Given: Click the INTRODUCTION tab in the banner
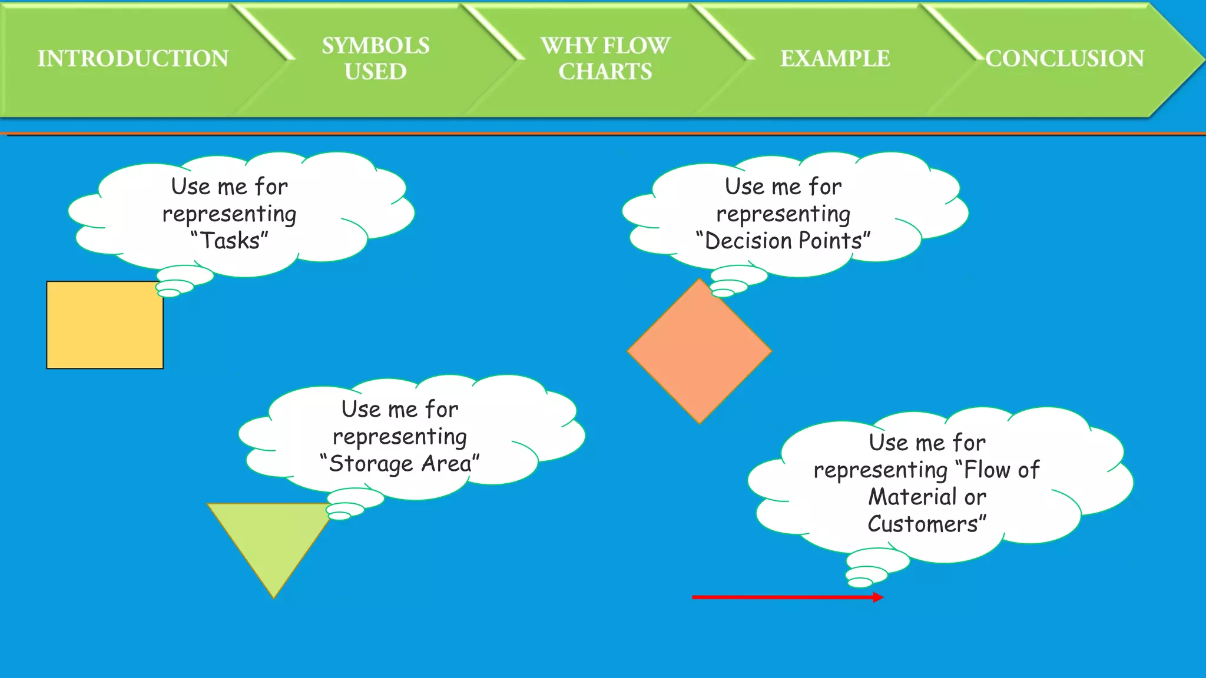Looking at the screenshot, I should point(133,58).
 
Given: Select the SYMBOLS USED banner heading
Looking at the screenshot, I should point(375,58).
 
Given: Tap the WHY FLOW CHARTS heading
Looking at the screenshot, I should point(605,58).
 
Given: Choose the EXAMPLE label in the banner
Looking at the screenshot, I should point(834,58).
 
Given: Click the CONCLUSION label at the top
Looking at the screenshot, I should point(1065,58).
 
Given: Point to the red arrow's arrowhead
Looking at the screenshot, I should point(878,597).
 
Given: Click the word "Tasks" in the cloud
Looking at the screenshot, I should point(230,241).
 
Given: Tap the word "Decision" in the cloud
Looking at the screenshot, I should point(748,241).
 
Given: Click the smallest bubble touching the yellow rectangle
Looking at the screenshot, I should point(169,293).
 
